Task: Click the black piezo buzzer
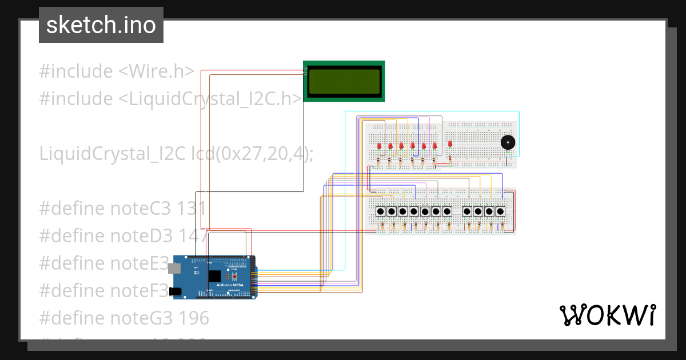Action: [506, 142]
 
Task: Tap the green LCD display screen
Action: [344, 81]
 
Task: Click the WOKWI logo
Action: [607, 315]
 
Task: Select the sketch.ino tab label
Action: [101, 25]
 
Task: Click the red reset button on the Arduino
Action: [234, 276]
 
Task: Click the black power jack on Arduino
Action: [177, 291]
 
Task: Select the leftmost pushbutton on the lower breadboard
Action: [381, 211]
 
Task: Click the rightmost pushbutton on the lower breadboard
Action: [500, 211]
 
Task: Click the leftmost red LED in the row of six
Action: [380, 146]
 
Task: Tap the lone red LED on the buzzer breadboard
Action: [450, 144]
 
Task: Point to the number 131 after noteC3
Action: [189, 208]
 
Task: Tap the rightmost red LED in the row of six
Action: [434, 146]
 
